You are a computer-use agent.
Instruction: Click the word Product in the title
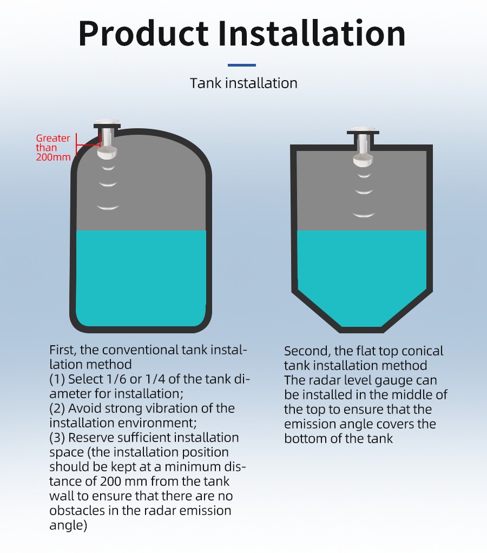[x=143, y=34]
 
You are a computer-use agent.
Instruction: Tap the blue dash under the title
[x=241, y=65]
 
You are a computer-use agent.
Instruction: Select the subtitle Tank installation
[x=243, y=83]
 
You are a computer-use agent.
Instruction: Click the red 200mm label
[x=53, y=157]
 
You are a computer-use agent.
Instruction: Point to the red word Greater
[x=53, y=139]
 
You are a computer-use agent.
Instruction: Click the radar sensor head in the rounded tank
[x=107, y=152]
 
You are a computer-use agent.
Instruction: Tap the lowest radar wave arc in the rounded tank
[x=108, y=208]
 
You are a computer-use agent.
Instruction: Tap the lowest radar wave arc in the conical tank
[x=364, y=215]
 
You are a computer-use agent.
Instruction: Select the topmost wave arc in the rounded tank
[x=108, y=168]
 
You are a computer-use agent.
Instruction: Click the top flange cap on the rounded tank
[x=107, y=124]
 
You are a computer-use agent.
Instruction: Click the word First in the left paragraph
[x=62, y=350]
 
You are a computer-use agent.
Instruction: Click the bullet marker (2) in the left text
[x=57, y=409]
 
